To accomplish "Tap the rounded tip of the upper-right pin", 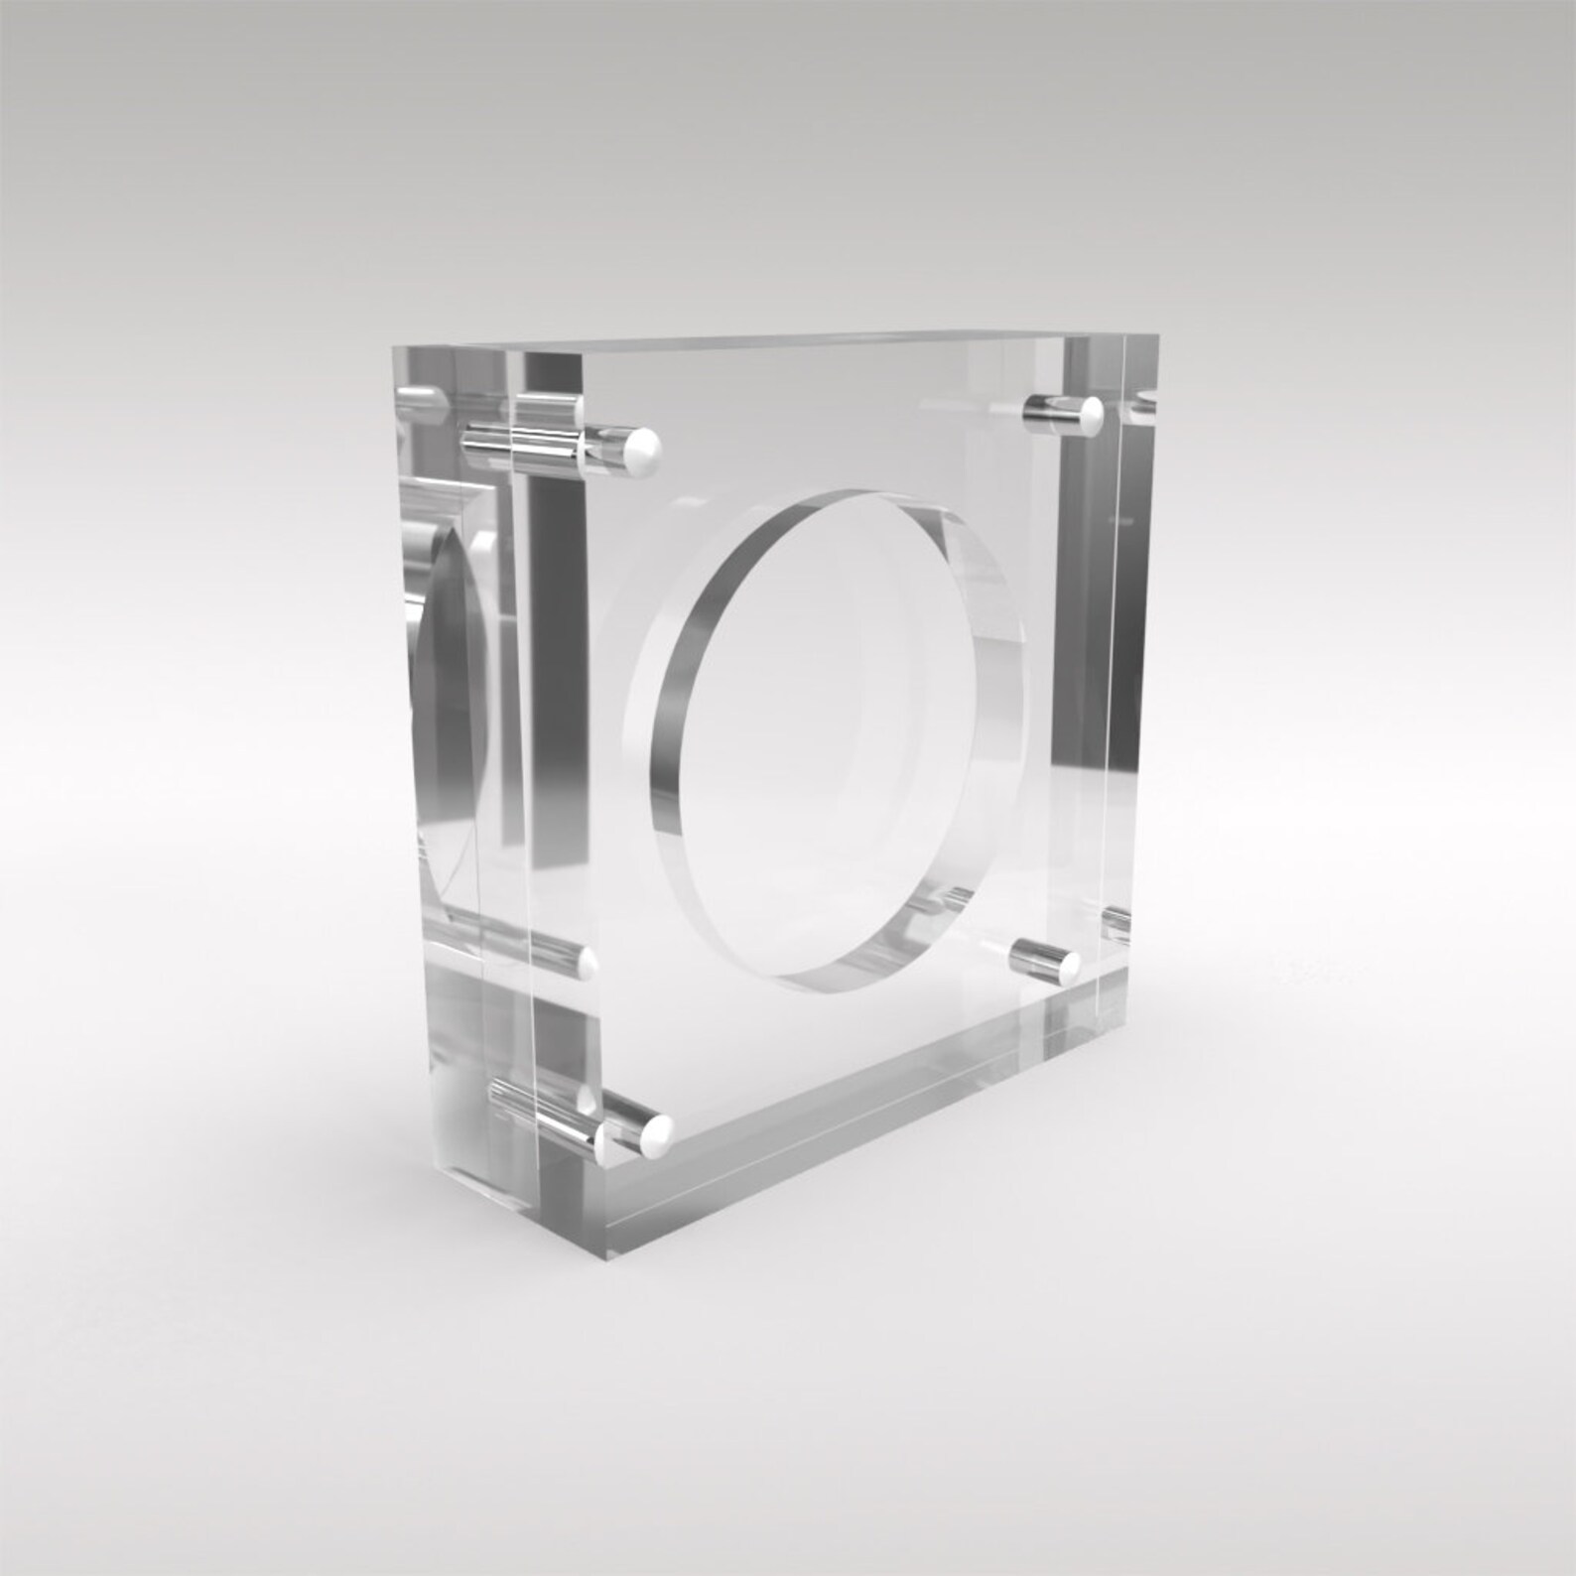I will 1092,414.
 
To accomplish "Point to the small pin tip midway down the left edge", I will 588,961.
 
